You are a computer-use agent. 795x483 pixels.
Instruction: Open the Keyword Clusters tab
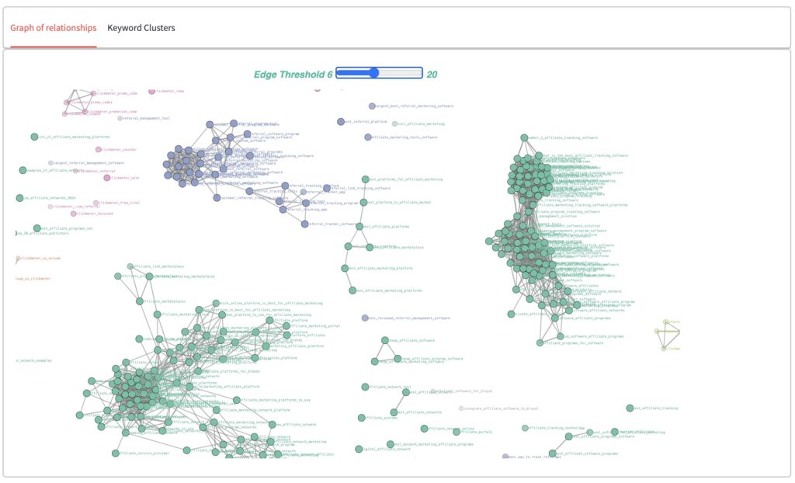coord(141,28)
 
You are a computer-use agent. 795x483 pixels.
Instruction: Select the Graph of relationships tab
coord(54,28)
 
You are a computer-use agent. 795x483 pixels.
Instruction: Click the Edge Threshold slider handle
coord(373,73)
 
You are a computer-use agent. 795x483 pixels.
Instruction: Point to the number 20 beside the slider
coord(432,75)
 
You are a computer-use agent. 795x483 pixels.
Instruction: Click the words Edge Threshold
coord(289,75)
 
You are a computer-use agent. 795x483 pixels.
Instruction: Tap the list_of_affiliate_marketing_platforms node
coord(34,137)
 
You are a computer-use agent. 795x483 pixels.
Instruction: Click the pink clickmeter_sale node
coord(107,178)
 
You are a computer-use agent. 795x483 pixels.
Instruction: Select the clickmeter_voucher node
coord(99,150)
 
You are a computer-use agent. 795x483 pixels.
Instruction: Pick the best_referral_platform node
coord(340,121)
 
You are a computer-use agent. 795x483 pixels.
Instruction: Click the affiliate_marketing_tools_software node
coord(368,137)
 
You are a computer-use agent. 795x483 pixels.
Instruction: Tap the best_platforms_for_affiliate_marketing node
coord(366,179)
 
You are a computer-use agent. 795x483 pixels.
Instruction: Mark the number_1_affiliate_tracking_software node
coord(524,137)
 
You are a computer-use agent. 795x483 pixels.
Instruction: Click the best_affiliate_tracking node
coord(630,408)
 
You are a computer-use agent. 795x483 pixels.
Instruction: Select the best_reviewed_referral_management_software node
coord(365,318)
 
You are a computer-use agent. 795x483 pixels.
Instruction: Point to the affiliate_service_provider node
coord(115,453)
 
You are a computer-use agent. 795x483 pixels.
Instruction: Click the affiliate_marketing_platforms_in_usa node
coord(237,401)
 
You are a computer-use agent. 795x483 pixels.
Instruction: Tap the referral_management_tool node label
coord(144,119)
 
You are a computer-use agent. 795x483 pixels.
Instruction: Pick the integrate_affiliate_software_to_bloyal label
coord(500,408)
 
